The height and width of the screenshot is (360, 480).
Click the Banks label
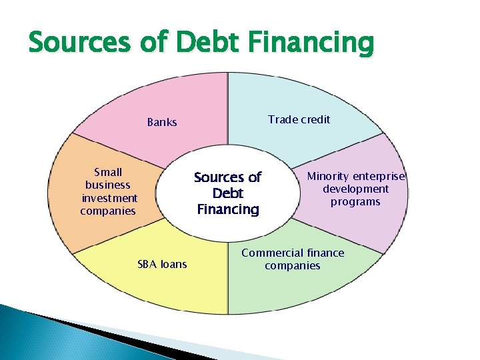pos(162,122)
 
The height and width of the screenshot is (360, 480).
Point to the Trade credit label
pos(299,119)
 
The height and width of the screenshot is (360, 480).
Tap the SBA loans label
pos(162,265)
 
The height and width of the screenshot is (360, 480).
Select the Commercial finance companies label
pos(293,259)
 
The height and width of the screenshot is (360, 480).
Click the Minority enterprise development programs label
pos(355,189)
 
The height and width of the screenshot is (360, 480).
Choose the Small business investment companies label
pos(109,191)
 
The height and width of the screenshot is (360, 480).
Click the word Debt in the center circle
pos(227,193)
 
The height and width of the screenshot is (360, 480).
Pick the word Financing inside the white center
pos(227,209)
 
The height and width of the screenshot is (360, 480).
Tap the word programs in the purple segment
pos(355,201)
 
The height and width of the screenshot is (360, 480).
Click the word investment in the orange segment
pos(109,198)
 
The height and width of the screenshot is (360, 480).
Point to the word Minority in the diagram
pos(327,176)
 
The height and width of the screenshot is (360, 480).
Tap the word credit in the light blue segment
pos(314,119)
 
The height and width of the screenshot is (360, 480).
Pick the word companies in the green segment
pos(292,266)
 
